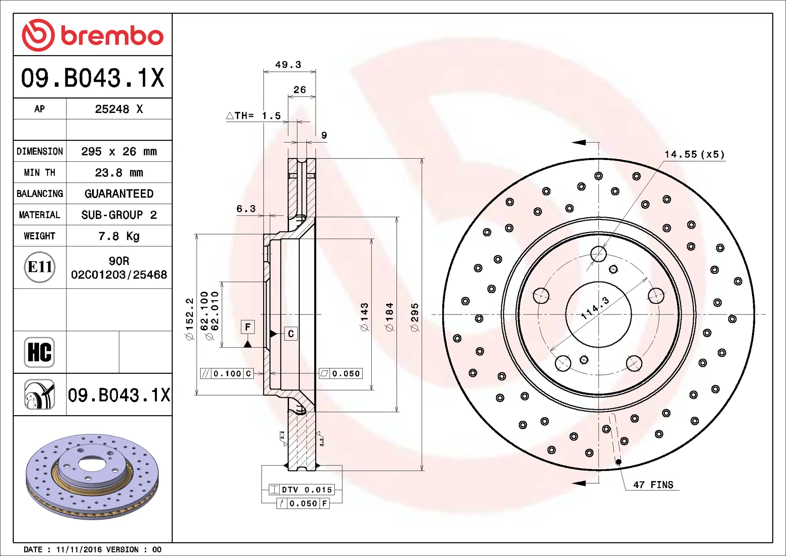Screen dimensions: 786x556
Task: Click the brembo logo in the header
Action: (x=93, y=35)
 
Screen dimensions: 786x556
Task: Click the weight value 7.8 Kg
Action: (x=119, y=236)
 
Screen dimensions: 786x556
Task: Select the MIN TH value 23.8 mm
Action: (x=119, y=173)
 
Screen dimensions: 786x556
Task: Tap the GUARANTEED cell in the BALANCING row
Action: (x=119, y=194)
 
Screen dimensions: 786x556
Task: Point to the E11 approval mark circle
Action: (x=40, y=267)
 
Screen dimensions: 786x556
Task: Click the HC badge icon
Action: (x=39, y=352)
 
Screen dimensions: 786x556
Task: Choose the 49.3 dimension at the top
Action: (x=288, y=65)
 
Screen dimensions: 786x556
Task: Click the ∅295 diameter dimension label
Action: (x=415, y=317)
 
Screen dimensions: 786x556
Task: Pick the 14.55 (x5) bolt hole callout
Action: (x=694, y=154)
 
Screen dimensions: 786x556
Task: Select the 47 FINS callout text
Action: (x=653, y=485)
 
